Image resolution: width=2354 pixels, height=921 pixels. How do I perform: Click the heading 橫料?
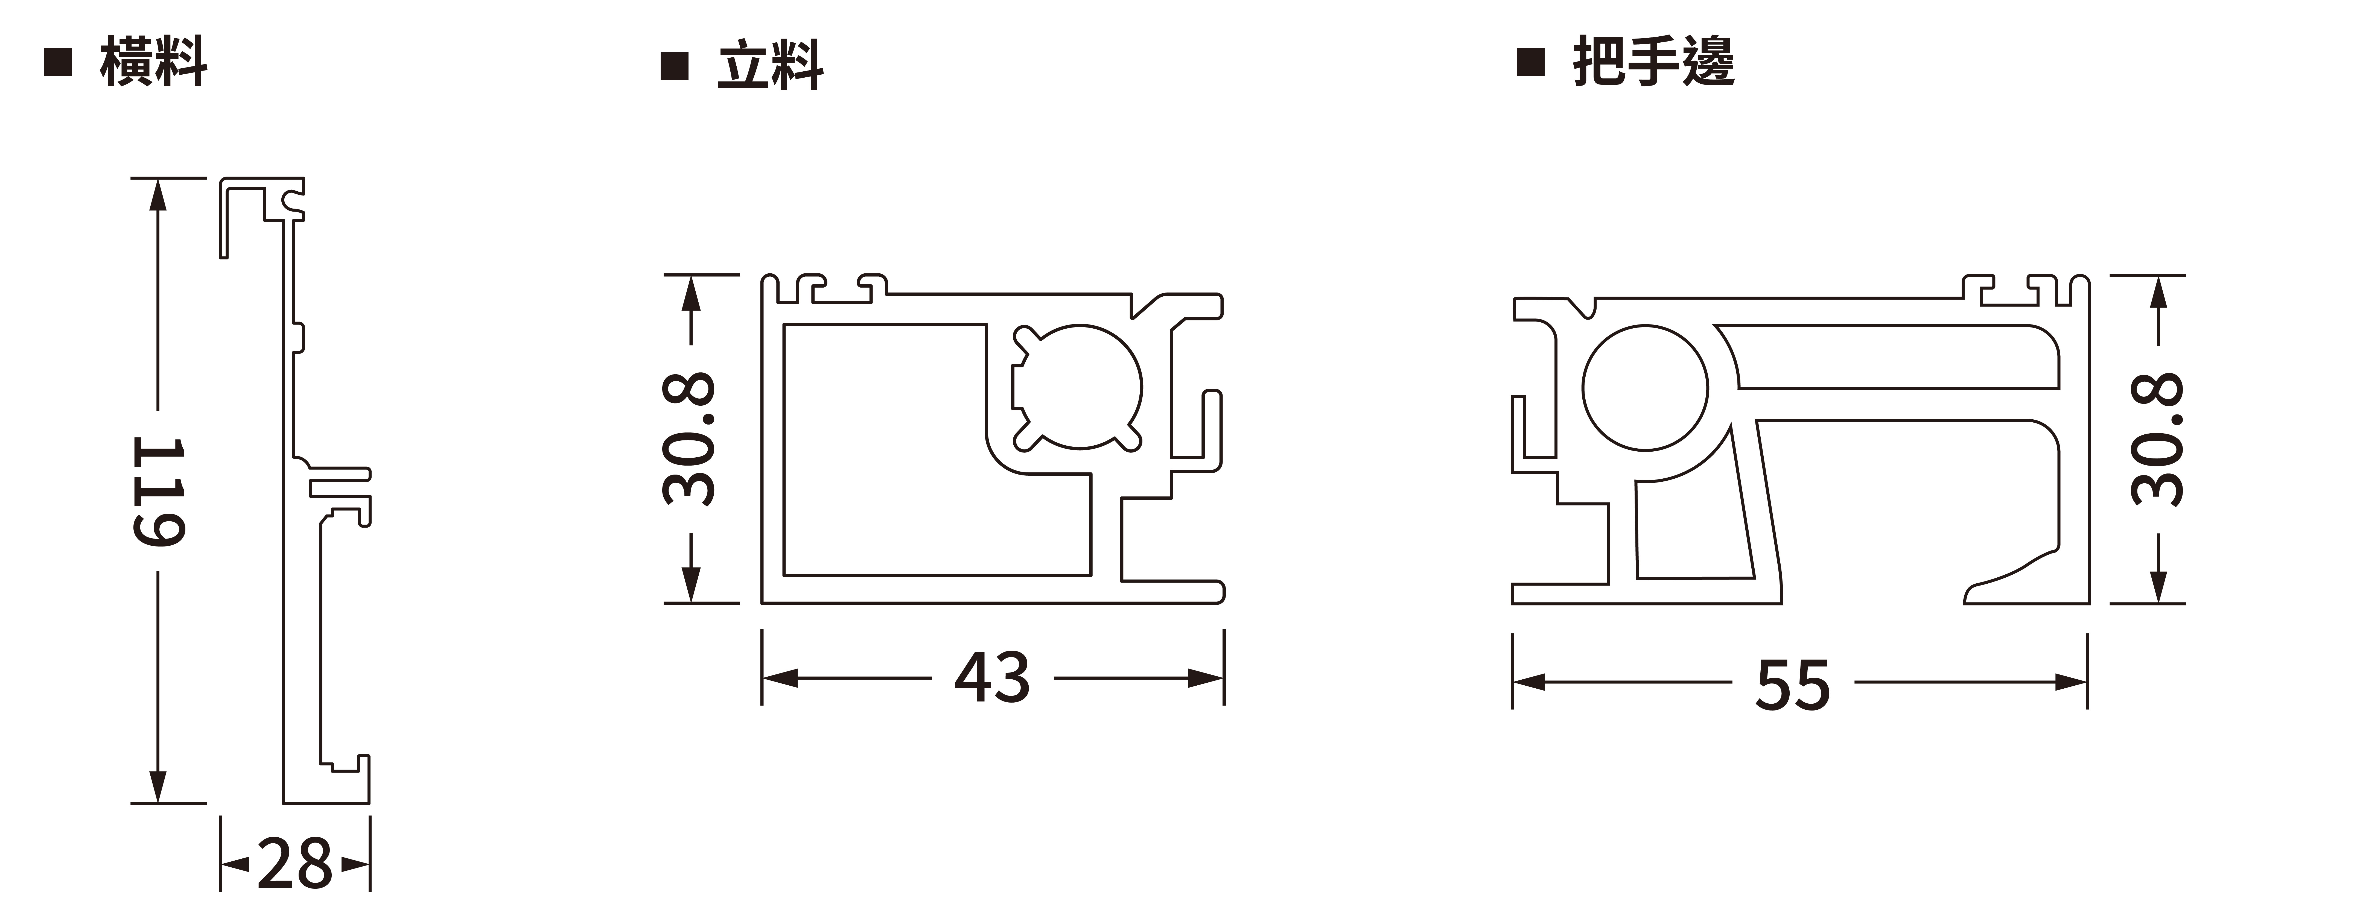153,62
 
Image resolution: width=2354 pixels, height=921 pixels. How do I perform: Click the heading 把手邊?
1652,62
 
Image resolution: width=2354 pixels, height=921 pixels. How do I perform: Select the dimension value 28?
294,863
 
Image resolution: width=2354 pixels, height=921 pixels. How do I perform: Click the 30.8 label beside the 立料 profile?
690,438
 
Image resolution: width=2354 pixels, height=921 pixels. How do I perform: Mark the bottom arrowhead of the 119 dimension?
158,788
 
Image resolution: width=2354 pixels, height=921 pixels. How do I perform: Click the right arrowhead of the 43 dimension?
1206,678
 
